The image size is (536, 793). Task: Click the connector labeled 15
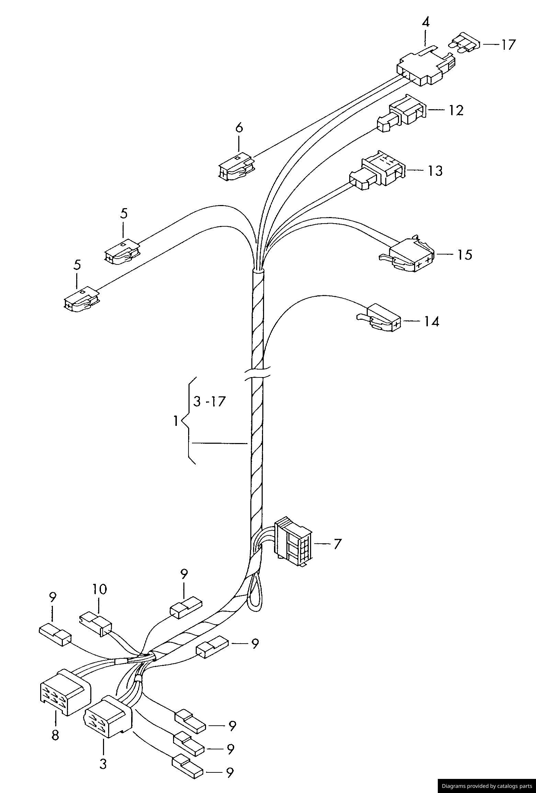click(x=410, y=254)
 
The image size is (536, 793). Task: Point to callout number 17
click(x=507, y=45)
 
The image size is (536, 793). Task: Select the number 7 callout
click(x=338, y=544)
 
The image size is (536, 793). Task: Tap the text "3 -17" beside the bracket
click(x=209, y=401)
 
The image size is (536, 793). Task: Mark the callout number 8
click(x=55, y=735)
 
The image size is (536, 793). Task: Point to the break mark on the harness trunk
click(x=257, y=374)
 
